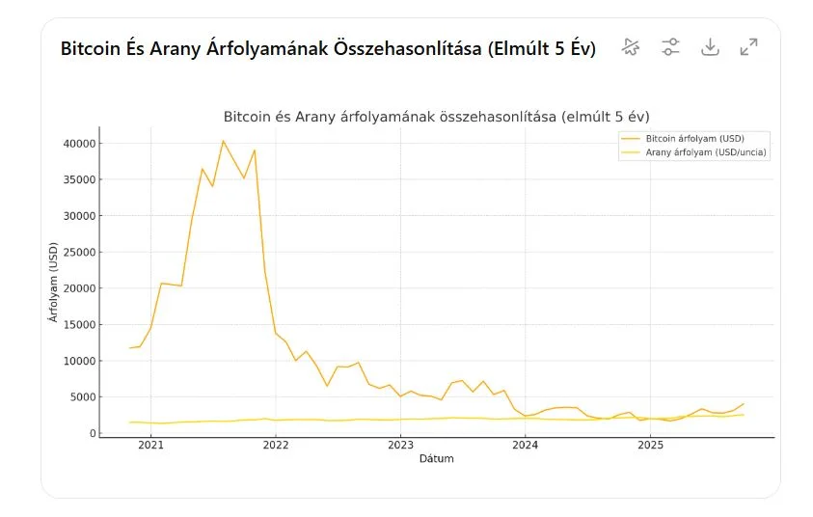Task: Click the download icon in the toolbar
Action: (710, 47)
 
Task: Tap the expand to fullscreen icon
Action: (748, 47)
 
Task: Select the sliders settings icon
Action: (670, 47)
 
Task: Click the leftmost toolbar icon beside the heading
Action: (631, 47)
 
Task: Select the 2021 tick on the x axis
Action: (150, 446)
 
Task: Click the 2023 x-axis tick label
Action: (400, 446)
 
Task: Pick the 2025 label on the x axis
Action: (650, 446)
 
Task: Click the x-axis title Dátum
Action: (436, 459)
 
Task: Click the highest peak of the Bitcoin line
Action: (223, 141)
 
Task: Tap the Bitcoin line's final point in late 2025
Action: (744, 404)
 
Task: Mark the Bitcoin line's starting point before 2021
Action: (130, 348)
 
